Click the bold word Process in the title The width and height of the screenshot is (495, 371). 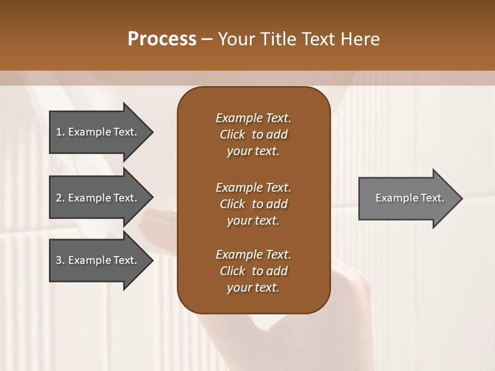162,39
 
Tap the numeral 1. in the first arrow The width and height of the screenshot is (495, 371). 60,132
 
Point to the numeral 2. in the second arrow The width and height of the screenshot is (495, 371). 60,198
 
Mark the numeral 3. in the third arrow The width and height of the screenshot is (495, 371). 60,260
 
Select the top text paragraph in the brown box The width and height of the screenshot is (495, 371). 253,134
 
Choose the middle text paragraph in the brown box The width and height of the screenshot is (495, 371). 253,204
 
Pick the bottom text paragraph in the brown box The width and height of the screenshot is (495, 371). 253,271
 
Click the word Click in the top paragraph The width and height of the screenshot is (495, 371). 232,134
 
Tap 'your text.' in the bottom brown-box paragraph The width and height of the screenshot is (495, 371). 253,288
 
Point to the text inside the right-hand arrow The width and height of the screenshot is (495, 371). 410,198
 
